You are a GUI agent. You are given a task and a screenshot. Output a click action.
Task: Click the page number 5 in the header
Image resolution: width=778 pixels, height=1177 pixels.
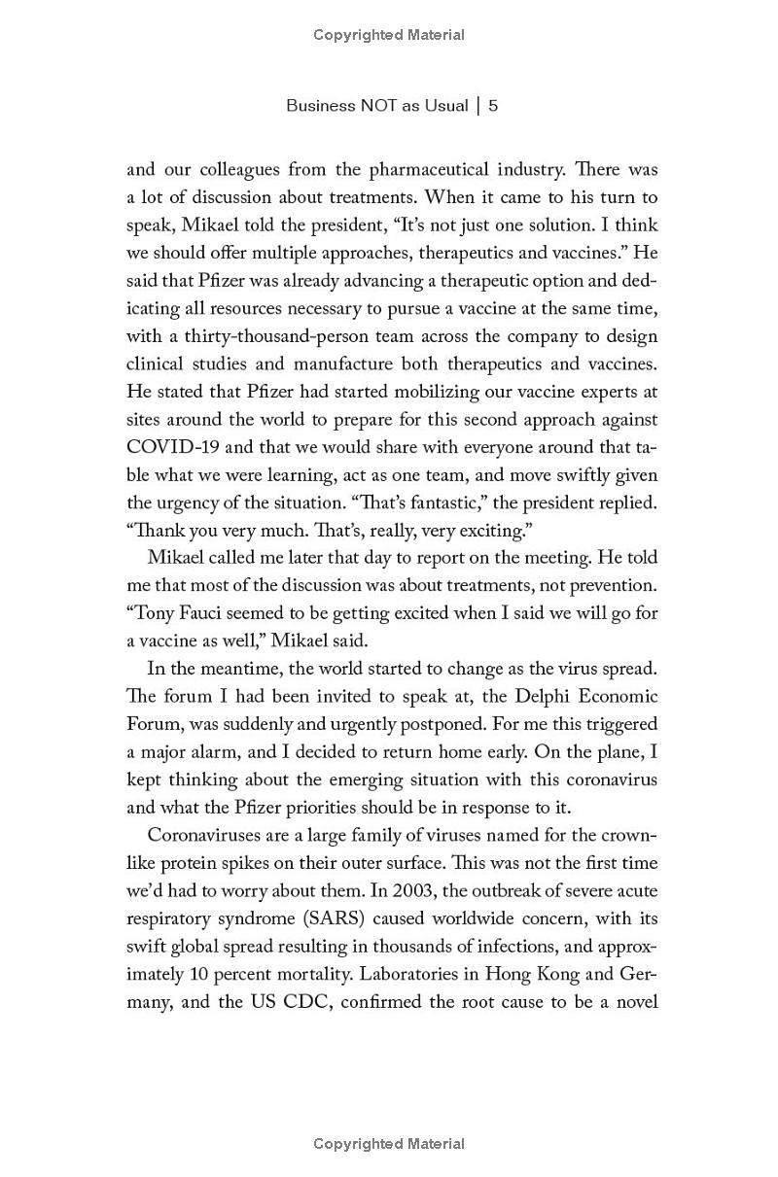(x=494, y=105)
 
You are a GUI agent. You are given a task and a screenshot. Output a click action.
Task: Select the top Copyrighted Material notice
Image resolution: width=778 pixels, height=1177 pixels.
(x=389, y=35)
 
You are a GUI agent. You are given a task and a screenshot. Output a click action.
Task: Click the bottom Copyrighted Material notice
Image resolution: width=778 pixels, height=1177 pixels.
(x=389, y=1144)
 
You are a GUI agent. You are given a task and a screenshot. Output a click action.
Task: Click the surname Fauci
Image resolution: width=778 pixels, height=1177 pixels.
(x=206, y=613)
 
